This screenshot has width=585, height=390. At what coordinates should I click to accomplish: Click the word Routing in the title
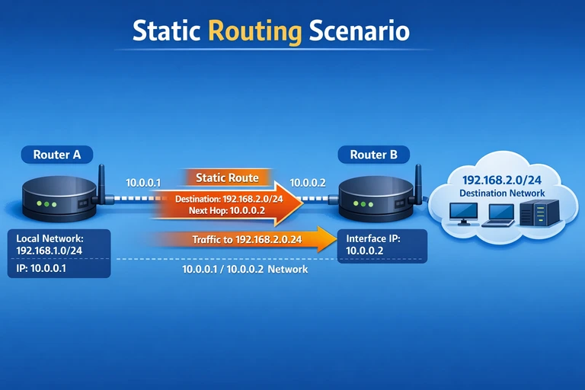(254, 30)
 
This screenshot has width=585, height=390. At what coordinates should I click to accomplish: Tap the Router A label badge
(56, 155)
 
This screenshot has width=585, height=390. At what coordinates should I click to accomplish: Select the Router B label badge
(373, 155)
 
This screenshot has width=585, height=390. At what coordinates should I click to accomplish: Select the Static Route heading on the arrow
(227, 177)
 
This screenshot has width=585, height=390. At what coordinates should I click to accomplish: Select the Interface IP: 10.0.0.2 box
(381, 244)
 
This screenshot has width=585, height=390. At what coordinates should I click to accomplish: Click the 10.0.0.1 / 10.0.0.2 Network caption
(245, 270)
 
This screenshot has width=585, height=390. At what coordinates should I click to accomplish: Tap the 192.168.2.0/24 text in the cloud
(502, 181)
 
